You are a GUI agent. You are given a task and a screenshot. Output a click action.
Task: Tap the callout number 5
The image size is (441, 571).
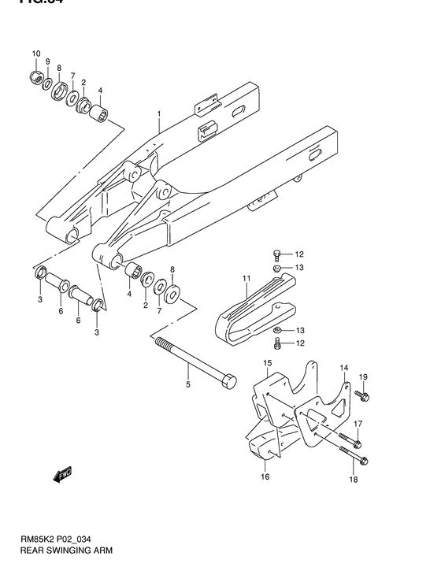click(x=187, y=385)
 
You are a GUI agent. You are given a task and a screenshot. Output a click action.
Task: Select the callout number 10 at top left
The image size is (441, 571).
click(x=35, y=54)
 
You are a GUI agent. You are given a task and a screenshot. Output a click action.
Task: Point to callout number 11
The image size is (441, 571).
click(x=246, y=278)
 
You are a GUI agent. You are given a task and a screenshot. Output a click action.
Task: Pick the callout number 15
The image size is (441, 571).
click(x=267, y=363)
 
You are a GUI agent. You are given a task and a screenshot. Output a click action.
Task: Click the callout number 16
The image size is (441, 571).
click(x=265, y=476)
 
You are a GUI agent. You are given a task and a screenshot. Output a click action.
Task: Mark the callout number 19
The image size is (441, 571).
click(x=364, y=377)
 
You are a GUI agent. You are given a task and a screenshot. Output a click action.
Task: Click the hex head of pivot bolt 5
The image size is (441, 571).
click(x=228, y=381)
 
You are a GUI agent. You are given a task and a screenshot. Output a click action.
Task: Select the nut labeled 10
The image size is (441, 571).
click(x=35, y=76)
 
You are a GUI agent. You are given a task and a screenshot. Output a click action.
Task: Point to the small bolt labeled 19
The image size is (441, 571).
click(x=361, y=395)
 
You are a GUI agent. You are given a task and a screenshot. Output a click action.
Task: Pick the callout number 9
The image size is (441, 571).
click(x=47, y=61)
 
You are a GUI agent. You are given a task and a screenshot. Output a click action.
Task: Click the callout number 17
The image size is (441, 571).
click(x=357, y=424)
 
